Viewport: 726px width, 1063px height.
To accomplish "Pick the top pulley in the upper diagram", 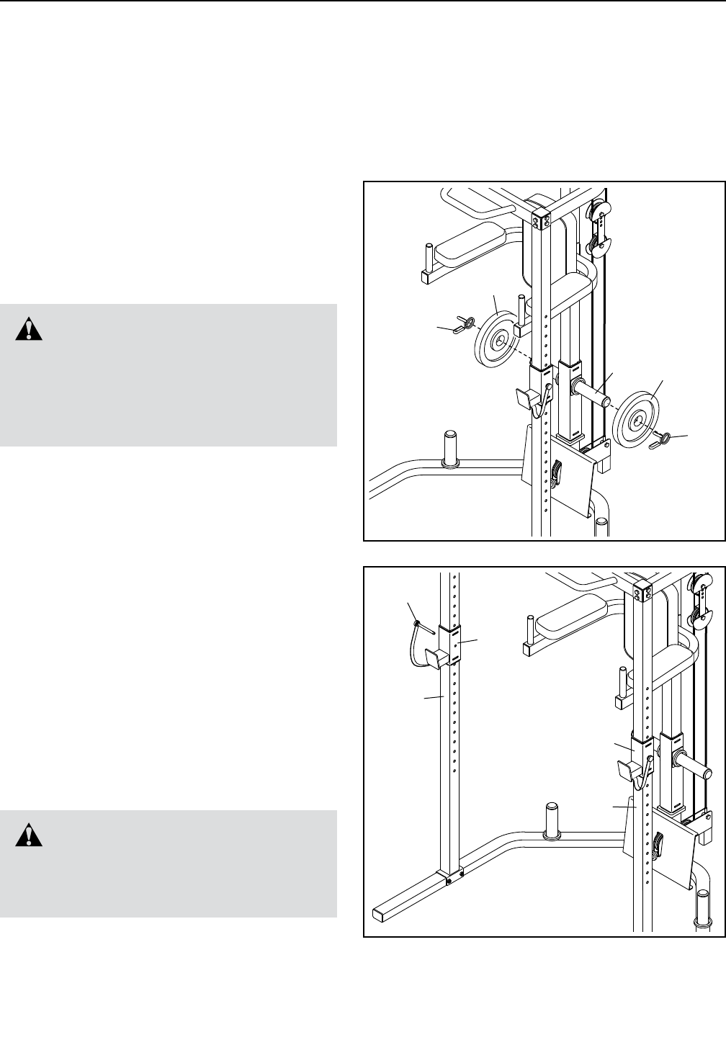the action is tap(600, 211).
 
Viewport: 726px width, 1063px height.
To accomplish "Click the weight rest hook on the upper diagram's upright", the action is tap(526, 398).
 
